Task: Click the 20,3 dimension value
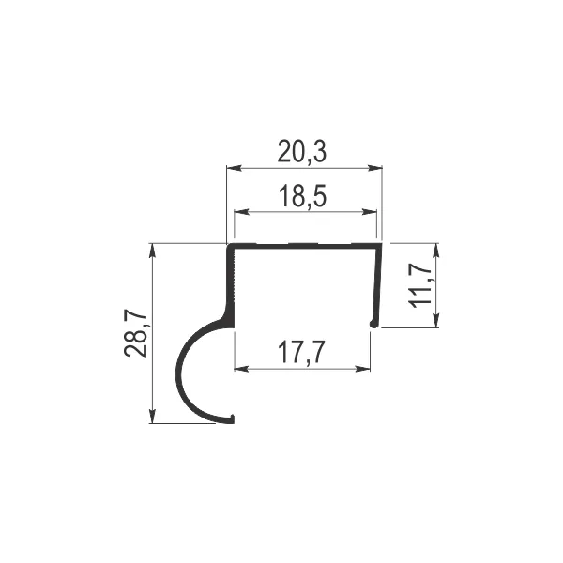[x=302, y=152]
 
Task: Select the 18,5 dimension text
[x=303, y=196]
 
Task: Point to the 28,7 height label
[x=136, y=332]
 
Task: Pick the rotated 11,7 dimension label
[x=419, y=283]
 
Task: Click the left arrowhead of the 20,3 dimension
[x=234, y=168]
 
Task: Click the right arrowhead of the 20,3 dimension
[x=374, y=168]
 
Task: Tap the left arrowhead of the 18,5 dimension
[x=241, y=212]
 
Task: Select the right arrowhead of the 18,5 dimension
[x=370, y=212]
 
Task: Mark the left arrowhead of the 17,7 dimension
[x=241, y=369]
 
